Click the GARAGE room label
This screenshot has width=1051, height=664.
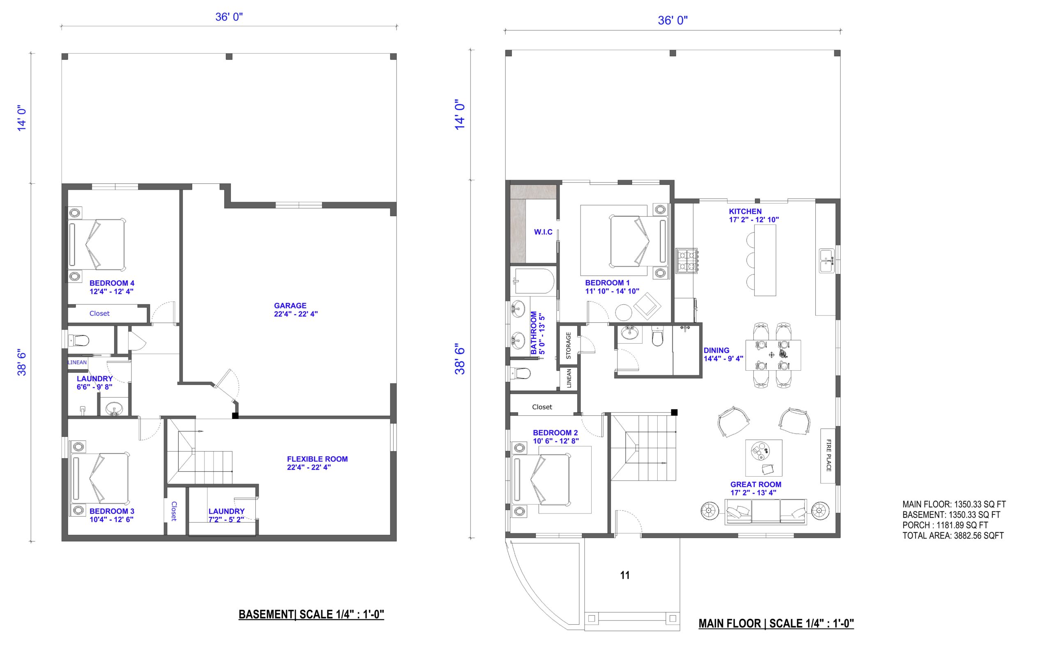tap(290, 306)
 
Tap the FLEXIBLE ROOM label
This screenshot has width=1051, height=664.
tap(317, 459)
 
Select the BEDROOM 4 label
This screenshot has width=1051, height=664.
tap(112, 283)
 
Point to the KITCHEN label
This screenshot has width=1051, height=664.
tap(745, 212)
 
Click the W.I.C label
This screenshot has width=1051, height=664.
tap(544, 232)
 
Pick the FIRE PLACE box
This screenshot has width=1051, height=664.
tap(828, 456)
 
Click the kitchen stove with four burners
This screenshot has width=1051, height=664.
tap(687, 261)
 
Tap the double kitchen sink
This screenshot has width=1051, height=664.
tap(827, 261)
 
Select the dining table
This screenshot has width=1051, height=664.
tap(773, 355)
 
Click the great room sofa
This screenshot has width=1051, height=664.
tap(766, 512)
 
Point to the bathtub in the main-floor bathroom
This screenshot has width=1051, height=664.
tap(535, 281)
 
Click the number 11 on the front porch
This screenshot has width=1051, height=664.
tap(625, 575)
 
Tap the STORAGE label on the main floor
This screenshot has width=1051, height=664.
tap(568, 345)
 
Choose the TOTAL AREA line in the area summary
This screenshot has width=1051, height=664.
tap(953, 536)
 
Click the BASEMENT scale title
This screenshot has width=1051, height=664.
tap(311, 614)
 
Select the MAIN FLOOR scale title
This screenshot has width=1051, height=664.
tap(776, 623)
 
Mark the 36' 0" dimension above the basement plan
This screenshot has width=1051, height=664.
tap(229, 17)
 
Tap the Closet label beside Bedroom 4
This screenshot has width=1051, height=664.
tap(99, 313)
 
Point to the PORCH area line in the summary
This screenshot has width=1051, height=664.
tap(945, 525)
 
